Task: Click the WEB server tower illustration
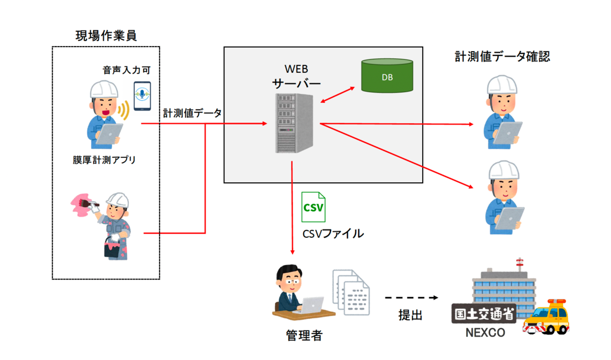(294, 123)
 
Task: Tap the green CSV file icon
(313, 207)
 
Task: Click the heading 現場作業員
(106, 36)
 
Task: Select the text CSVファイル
(333, 234)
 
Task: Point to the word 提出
(410, 315)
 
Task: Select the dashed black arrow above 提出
(411, 298)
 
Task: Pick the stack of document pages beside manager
(350, 292)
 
